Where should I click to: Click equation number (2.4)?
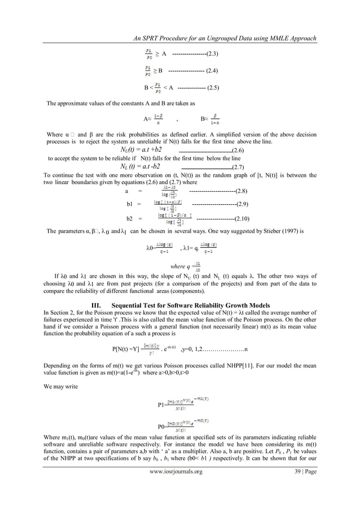[x=212, y=71]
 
